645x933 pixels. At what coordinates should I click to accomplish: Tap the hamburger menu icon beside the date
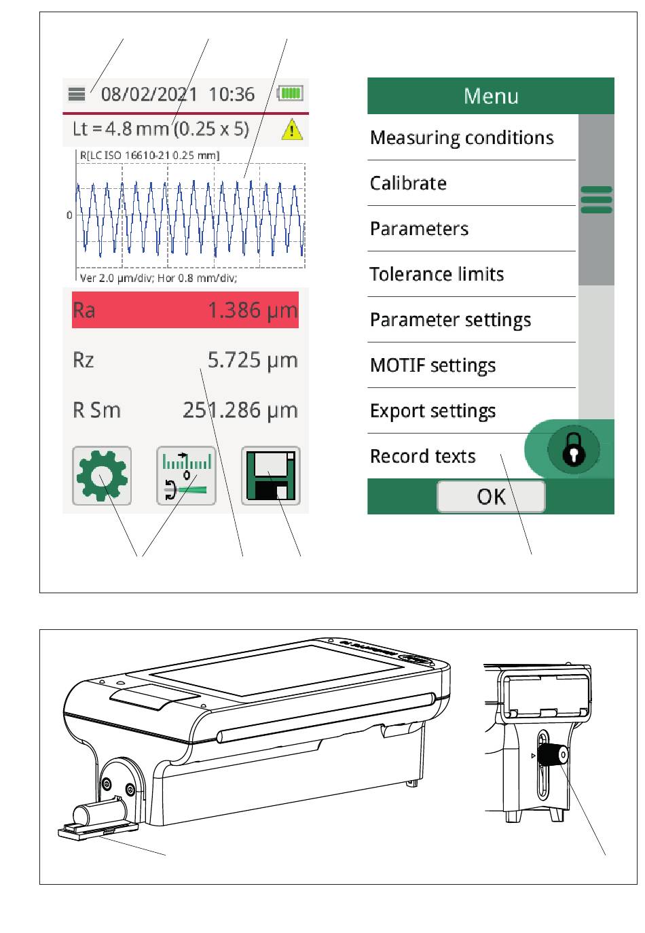(x=76, y=94)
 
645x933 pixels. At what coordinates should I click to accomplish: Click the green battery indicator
(x=290, y=93)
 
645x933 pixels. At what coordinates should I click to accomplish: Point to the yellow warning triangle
(x=292, y=129)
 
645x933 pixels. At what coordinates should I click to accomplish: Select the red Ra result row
(x=185, y=310)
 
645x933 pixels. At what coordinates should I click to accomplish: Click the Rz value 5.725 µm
(x=253, y=360)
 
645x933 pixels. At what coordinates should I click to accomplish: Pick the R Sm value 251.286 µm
(x=240, y=410)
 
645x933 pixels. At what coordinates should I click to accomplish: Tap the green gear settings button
(x=102, y=476)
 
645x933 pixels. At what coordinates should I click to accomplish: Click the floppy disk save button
(x=270, y=476)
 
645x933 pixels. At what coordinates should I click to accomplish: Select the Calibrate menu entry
(x=408, y=183)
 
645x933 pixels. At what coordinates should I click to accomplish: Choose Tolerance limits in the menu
(x=437, y=274)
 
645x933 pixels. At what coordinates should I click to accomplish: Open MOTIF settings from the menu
(x=432, y=366)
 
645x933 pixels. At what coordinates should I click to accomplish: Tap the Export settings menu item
(x=432, y=411)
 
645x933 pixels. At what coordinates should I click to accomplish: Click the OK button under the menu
(x=491, y=497)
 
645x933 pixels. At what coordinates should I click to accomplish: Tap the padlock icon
(x=574, y=449)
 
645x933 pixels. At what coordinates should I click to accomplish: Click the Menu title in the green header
(x=491, y=96)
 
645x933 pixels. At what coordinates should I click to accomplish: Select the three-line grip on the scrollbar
(x=596, y=200)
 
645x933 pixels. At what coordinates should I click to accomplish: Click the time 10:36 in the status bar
(x=232, y=94)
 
